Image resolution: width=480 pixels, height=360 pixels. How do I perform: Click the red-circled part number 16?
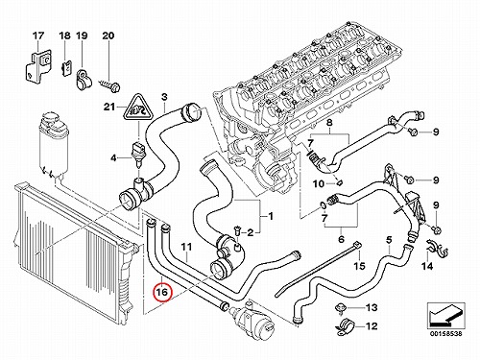[x=162, y=292]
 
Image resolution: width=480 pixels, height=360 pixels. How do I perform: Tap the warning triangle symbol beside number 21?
[x=138, y=108]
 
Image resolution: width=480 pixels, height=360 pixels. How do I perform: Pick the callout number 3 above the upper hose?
[x=164, y=97]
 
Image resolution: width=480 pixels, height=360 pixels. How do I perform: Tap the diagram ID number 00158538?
[x=446, y=333]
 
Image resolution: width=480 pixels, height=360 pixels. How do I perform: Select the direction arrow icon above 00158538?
[x=445, y=315]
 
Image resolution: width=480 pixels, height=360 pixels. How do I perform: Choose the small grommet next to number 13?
[x=340, y=308]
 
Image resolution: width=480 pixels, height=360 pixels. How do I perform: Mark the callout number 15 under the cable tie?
[x=360, y=266]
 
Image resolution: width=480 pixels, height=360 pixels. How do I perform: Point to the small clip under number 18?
[x=66, y=68]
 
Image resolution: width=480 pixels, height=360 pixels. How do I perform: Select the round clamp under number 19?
[x=84, y=80]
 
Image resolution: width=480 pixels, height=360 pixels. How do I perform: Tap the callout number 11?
[x=186, y=247]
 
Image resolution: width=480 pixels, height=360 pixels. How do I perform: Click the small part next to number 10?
[x=340, y=182]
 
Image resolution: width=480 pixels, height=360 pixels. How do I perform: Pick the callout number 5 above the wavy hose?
[x=389, y=239]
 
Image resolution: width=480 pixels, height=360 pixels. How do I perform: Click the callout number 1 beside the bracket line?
[x=271, y=217]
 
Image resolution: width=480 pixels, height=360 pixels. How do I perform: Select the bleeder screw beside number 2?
[x=237, y=230]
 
